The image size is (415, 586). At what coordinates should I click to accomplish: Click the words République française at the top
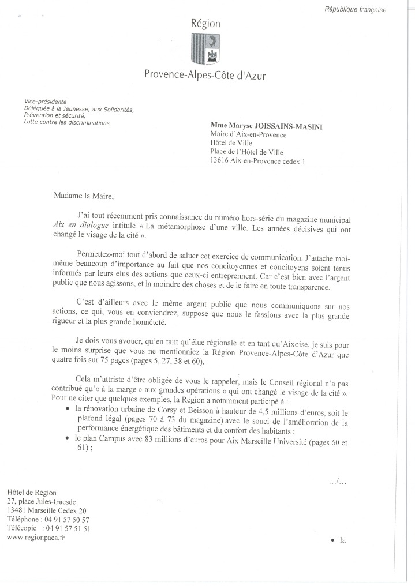click(355, 10)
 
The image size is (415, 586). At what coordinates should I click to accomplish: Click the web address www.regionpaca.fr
click(35, 537)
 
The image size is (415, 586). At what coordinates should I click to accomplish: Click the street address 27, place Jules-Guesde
click(41, 501)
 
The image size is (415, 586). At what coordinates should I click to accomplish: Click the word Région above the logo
click(205, 24)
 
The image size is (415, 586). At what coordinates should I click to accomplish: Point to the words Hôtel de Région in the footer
click(32, 492)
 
